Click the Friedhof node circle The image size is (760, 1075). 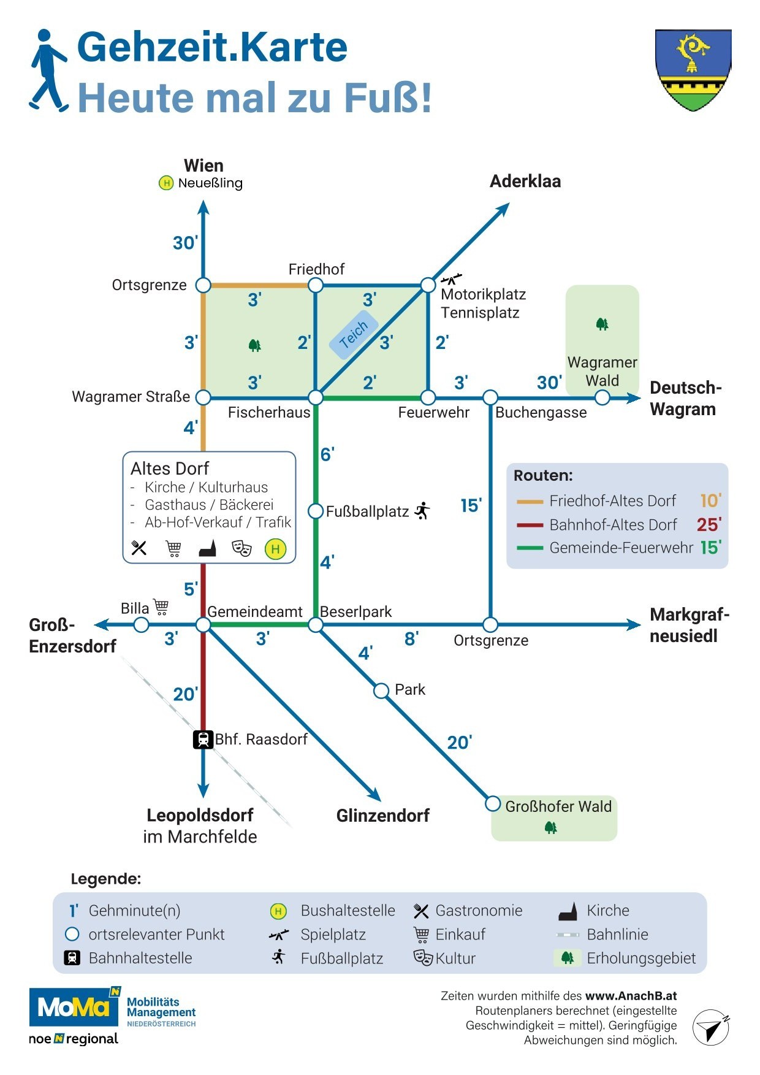click(x=315, y=285)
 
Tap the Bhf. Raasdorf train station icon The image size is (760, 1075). click(x=203, y=740)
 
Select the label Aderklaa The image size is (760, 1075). click(x=525, y=182)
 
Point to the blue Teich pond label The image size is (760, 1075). click(x=354, y=335)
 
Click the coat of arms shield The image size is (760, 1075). click(x=693, y=69)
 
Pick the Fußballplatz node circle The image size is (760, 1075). click(x=315, y=511)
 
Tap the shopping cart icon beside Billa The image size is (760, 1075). click(x=161, y=607)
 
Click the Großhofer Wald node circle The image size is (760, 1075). click(x=493, y=803)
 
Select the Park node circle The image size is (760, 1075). click(x=381, y=691)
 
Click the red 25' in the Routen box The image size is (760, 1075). click(x=709, y=525)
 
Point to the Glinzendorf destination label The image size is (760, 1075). click(x=382, y=816)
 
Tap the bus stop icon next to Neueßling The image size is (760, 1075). click(x=166, y=183)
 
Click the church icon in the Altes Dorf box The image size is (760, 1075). click(x=208, y=548)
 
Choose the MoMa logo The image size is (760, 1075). click(x=74, y=1007)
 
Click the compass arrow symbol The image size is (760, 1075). click(x=711, y=1027)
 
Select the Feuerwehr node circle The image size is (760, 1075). click(x=428, y=397)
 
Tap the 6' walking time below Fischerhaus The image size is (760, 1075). click(x=327, y=454)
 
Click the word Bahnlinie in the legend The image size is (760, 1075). click(x=617, y=935)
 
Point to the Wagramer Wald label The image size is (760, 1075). click(x=602, y=372)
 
